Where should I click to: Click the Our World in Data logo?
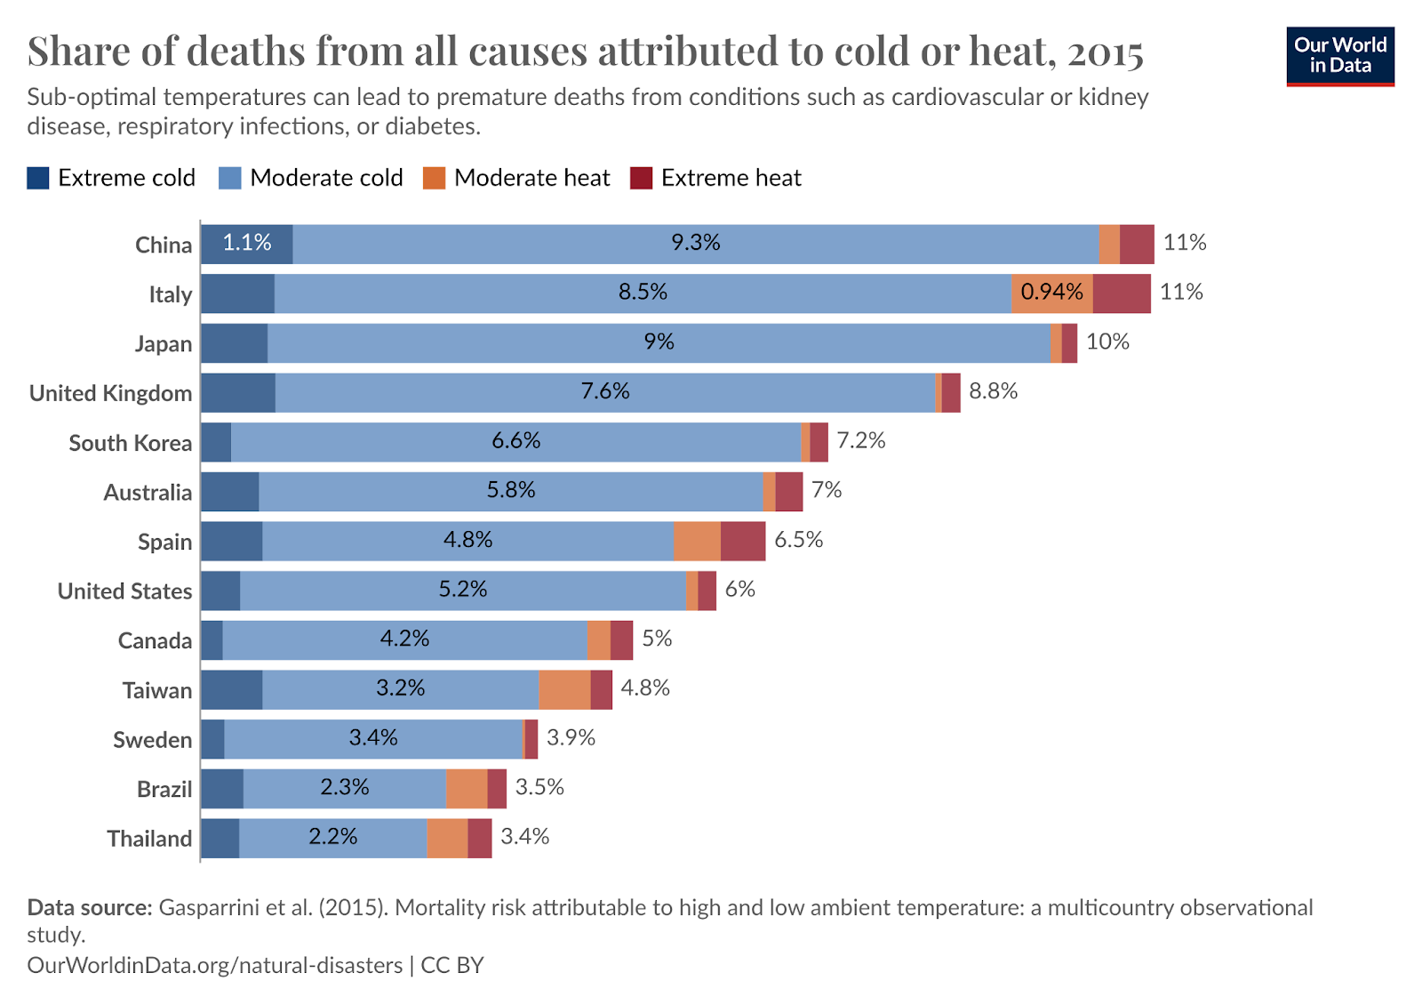pos(1339,55)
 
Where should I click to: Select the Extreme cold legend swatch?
pos(38,178)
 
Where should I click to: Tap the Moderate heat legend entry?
pos(531,178)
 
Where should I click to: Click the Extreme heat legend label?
pos(731,178)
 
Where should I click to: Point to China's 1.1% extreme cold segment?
pos(246,244)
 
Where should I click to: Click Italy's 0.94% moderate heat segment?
pos(1051,293)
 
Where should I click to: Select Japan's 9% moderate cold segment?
pos(659,342)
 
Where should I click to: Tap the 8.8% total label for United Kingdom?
pos(993,391)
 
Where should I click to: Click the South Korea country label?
pos(130,443)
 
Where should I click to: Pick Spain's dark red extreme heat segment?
pos(742,541)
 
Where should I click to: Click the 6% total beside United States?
pos(739,590)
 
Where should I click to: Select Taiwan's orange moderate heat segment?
pos(563,689)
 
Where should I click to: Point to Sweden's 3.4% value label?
pos(372,738)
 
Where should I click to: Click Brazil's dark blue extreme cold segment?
pos(221,788)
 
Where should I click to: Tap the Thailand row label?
pos(149,839)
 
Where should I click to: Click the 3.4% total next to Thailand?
pos(524,837)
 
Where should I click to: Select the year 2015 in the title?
pos(1105,52)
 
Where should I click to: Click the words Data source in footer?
pos(90,907)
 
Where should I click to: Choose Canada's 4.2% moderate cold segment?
pos(404,639)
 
